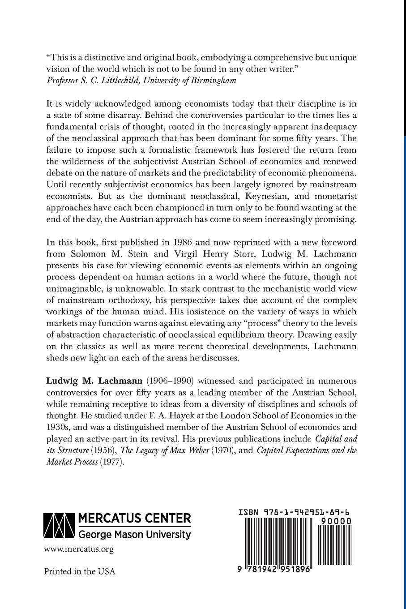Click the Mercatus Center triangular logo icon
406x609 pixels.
[59, 525]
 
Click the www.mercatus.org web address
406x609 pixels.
[78, 549]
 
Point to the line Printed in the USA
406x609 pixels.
[79, 571]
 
